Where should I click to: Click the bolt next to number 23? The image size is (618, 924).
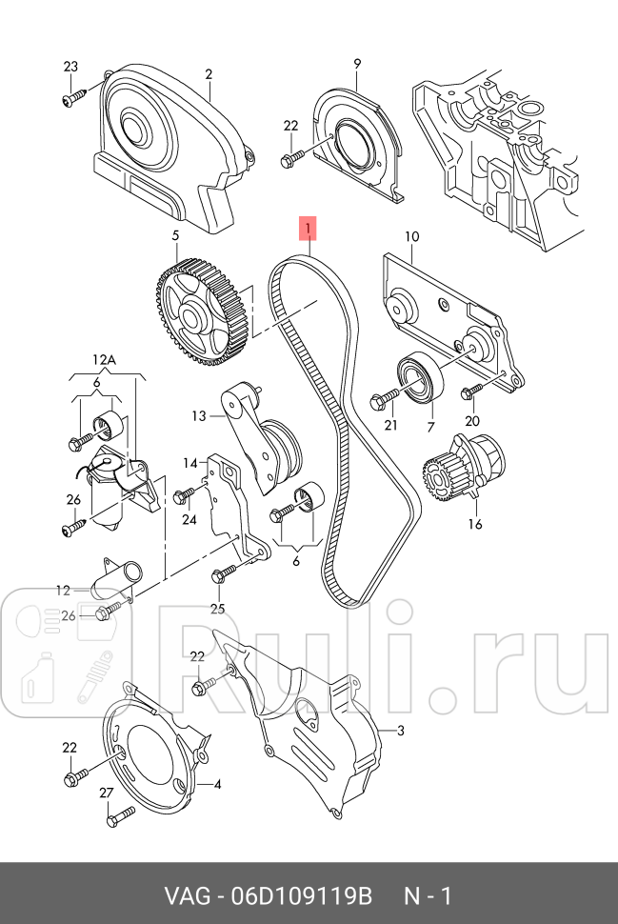click(x=73, y=96)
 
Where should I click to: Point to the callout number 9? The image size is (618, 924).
click(x=357, y=64)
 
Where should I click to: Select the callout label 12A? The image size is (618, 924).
click(x=104, y=359)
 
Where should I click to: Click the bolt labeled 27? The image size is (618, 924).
click(x=120, y=814)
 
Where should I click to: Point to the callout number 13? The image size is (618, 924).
click(x=198, y=415)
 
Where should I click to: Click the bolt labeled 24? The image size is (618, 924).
click(x=184, y=493)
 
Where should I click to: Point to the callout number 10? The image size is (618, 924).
click(x=411, y=236)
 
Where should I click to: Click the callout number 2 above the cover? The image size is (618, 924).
click(x=209, y=73)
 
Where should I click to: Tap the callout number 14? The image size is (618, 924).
click(x=190, y=463)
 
